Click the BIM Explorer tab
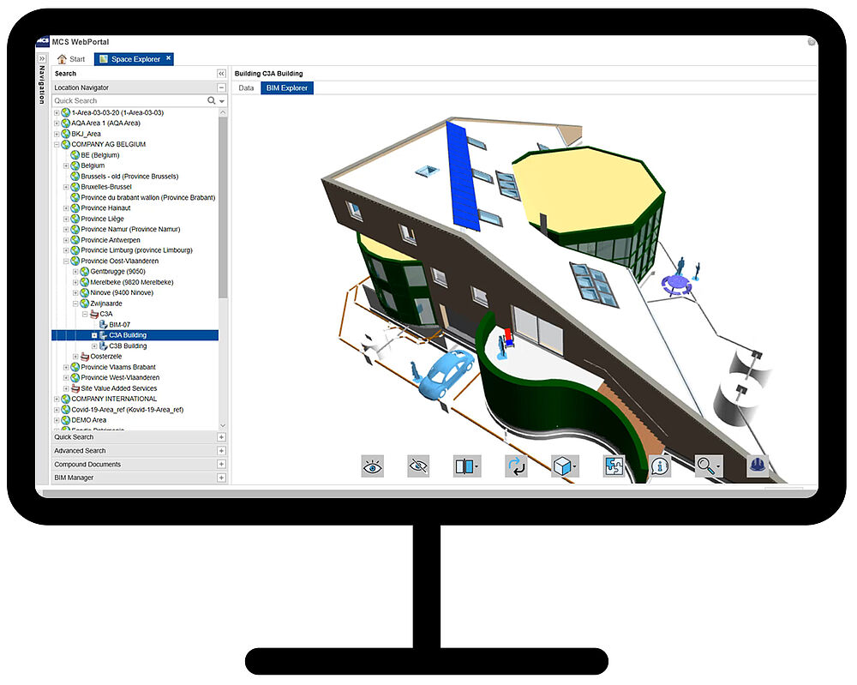pos(287,88)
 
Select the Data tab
pos(246,88)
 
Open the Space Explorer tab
pos(134,59)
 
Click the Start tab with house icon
pos(72,59)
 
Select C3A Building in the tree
pos(128,335)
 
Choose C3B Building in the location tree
pos(128,346)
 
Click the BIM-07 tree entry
pos(119,325)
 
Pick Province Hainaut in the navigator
pos(105,208)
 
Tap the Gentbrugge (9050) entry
pos(117,272)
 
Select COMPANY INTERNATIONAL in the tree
pos(114,399)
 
